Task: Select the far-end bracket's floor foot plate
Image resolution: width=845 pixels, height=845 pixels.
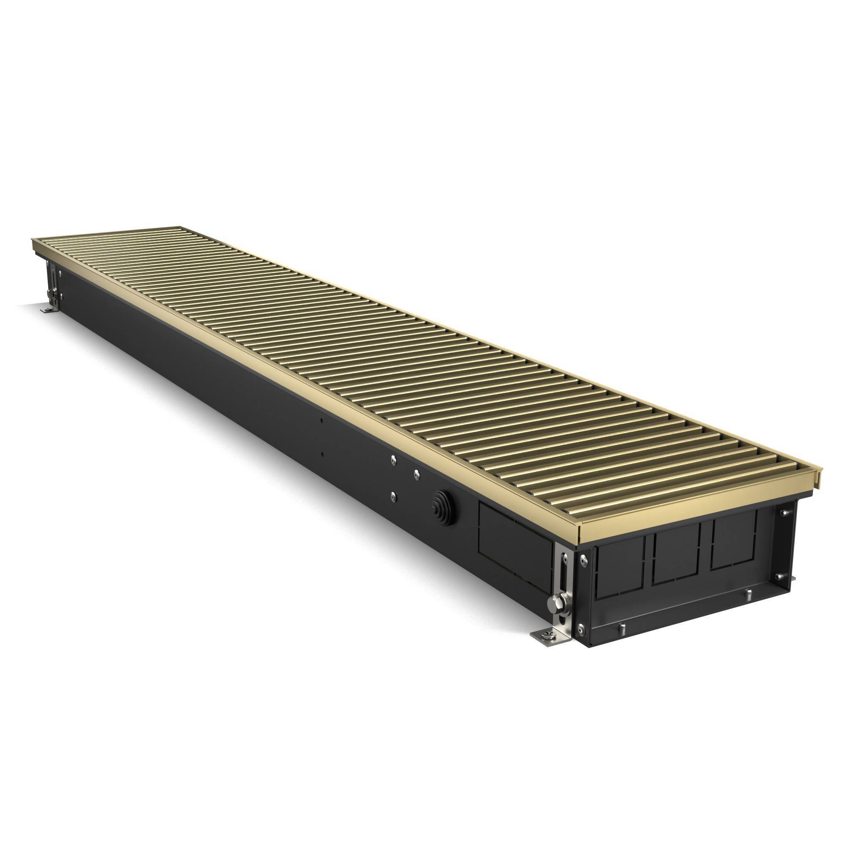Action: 47,309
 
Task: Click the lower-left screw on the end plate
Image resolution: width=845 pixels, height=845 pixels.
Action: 580,628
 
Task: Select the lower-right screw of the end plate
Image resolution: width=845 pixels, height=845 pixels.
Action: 780,576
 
